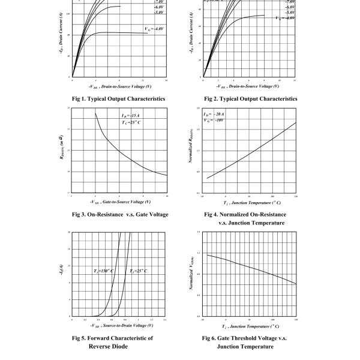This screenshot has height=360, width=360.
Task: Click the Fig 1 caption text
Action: [x=119, y=99]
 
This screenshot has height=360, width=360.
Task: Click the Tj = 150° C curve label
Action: [x=95, y=271]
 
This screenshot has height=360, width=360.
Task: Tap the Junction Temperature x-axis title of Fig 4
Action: [x=251, y=203]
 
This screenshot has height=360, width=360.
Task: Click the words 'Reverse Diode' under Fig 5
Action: [x=108, y=346]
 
